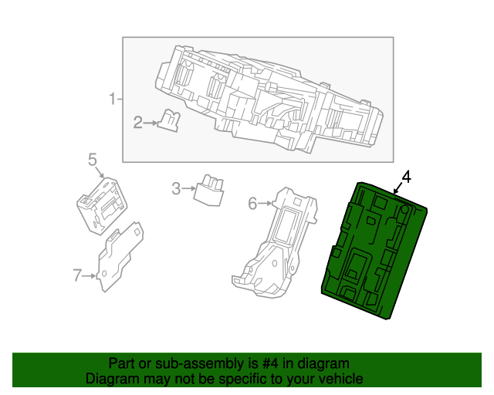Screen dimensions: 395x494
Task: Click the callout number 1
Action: coord(111,99)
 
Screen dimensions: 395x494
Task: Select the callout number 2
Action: coord(138,122)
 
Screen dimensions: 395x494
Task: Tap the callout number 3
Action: coord(176,188)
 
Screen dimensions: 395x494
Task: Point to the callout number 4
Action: coord(407,177)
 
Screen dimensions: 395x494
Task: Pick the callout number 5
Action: coord(92,160)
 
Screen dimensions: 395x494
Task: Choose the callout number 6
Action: coord(252,204)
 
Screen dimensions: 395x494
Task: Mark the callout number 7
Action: coord(76,275)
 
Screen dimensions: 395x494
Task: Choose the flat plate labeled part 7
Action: coord(120,258)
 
